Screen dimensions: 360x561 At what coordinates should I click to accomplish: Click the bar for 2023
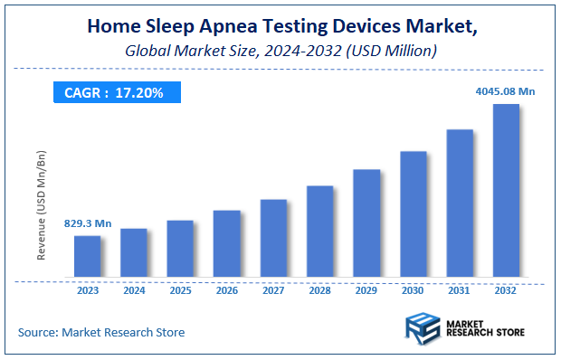[87, 256]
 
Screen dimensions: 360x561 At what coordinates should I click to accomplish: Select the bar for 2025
[180, 249]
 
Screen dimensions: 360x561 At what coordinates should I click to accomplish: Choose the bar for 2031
[460, 203]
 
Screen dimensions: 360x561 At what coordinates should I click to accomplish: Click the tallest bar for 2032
[506, 190]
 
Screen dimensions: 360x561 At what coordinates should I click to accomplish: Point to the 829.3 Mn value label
[87, 223]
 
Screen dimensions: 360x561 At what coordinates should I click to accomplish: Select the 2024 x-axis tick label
[134, 291]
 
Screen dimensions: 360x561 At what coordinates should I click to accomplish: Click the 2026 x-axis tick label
[227, 291]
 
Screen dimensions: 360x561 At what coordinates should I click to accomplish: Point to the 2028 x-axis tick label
[320, 291]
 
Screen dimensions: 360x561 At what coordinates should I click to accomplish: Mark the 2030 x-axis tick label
[414, 291]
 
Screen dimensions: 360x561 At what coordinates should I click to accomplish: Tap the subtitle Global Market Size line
[280, 51]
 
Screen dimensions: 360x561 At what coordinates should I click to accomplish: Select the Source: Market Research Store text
[101, 332]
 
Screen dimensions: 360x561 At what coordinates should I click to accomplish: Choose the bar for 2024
[134, 252]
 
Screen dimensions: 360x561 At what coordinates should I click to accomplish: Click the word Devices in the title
[361, 26]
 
